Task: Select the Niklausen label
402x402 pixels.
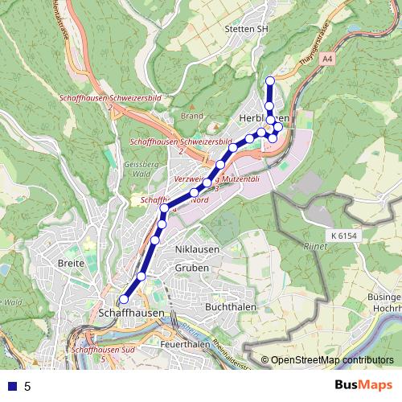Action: click(197, 249)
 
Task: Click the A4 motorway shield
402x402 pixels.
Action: click(326, 59)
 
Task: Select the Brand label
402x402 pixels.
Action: click(191, 116)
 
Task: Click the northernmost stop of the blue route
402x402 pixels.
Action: click(270, 80)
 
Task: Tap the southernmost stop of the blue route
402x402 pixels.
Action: click(123, 300)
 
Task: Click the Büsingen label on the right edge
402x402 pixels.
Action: click(383, 297)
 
